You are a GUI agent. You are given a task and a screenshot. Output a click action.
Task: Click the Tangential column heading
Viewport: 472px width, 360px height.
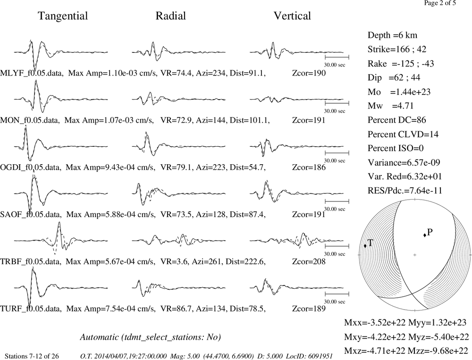coord(63,16)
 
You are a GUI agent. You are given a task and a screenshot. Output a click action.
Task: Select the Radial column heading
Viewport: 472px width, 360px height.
coord(171,16)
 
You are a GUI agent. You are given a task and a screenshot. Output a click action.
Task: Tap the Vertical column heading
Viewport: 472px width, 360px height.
coord(292,16)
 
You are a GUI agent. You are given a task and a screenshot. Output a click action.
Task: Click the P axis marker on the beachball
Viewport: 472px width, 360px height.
coord(425,235)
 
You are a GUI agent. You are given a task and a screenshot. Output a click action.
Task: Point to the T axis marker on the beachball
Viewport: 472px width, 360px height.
coord(365,246)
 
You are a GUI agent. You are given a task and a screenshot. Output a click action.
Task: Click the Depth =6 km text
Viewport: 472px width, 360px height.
coord(392,35)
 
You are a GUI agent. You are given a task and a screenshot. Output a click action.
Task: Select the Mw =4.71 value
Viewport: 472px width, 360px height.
coord(391,106)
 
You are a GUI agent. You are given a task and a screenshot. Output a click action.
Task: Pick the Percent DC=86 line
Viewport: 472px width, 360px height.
coord(397,120)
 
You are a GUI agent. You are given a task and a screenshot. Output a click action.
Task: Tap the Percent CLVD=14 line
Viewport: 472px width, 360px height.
coord(403,134)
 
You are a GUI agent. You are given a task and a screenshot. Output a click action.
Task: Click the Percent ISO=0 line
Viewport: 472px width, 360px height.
coord(396,148)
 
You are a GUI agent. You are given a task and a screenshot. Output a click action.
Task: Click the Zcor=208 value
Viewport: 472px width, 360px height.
coord(309,261)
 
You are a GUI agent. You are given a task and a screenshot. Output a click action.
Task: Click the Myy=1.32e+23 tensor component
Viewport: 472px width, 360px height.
coord(437,323)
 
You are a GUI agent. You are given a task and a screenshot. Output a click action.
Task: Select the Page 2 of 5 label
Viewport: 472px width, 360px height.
coord(440,3)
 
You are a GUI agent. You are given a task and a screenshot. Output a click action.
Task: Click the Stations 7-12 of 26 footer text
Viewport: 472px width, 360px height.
coord(32,356)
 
